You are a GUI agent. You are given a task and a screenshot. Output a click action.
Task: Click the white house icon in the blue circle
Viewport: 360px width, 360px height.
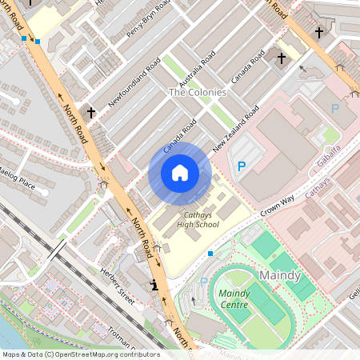[180, 173]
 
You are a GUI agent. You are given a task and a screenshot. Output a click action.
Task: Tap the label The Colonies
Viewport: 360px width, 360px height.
[197, 93]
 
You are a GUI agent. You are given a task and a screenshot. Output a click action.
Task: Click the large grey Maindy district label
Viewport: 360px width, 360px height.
[280, 276]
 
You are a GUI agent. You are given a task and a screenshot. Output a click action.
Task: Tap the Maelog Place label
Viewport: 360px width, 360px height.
[18, 180]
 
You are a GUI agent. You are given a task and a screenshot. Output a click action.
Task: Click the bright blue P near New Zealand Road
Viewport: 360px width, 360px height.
[242, 166]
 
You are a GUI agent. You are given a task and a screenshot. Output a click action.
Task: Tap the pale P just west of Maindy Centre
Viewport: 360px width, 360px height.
[203, 282]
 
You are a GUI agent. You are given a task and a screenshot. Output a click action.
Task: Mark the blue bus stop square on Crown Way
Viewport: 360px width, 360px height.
[210, 253]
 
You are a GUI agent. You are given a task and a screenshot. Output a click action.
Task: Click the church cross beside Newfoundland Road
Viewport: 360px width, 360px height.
[90, 113]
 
